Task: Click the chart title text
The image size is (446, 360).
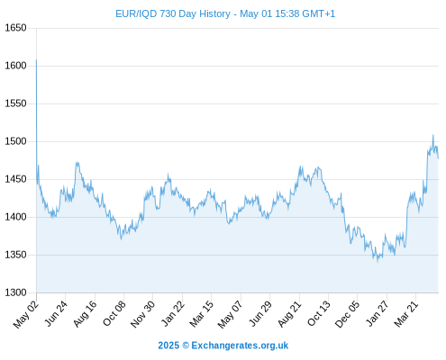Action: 225,13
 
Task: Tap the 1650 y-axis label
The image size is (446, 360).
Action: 15,28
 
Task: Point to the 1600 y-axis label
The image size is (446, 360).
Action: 15,66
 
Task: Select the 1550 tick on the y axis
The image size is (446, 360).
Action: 15,103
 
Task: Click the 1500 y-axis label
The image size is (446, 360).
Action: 15,141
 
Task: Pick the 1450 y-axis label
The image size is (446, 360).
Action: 15,179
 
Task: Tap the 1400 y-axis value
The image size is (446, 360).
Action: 15,217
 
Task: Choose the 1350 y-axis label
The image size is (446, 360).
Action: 15,255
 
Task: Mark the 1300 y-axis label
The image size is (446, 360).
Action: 15,292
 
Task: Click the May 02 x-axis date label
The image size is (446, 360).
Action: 26,314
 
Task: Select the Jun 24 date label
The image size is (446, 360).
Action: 56,313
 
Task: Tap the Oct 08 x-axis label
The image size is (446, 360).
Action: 114,313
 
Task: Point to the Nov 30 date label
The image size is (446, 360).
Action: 142,314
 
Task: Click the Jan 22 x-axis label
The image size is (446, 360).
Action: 173,313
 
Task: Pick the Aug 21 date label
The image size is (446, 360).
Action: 289,313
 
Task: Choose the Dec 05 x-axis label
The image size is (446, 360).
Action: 347,314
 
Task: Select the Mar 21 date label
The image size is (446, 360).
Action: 406,313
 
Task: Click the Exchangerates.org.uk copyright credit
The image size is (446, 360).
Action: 223,346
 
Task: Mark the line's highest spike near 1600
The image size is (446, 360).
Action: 36,59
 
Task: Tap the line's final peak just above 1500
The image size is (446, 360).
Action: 433,135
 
